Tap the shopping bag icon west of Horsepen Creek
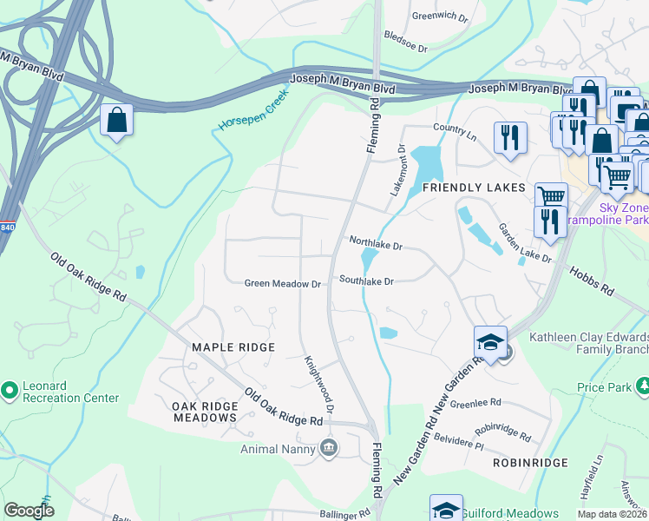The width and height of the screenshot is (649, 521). pyautogui.click(x=116, y=122)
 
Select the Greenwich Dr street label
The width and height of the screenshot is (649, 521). pyautogui.click(x=441, y=16)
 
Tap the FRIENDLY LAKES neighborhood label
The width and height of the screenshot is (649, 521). pyautogui.click(x=474, y=188)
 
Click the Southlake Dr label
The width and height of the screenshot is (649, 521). pyautogui.click(x=366, y=281)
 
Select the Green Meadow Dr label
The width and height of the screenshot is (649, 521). pyautogui.click(x=283, y=283)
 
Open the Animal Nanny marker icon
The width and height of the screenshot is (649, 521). pyautogui.click(x=329, y=448)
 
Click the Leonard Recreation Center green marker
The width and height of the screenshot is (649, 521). pyautogui.click(x=10, y=392)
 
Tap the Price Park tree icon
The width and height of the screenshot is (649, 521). pyautogui.click(x=643, y=385)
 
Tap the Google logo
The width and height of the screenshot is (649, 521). pyautogui.click(x=29, y=511)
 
